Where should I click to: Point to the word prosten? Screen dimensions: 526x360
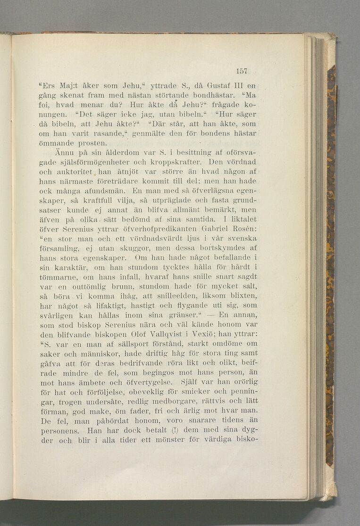[93, 142]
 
